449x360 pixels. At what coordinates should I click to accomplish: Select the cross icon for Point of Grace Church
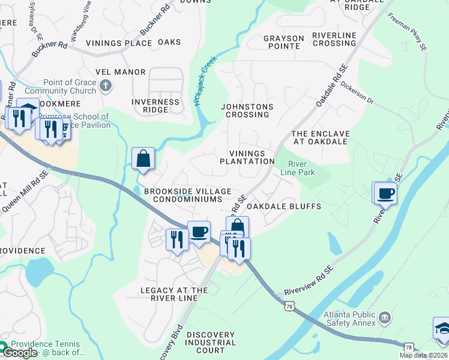point(106,86)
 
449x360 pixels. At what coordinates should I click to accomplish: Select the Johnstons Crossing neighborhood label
point(247,111)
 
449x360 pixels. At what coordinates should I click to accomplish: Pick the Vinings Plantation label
point(247,157)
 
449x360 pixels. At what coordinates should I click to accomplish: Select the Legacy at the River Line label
point(173,294)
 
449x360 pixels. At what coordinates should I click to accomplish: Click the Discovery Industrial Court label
point(210,342)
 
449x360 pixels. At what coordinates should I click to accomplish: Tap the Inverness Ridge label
point(155,106)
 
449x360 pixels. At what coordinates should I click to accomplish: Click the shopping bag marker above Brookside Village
point(143,160)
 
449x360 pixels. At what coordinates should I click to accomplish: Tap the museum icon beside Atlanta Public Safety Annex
point(385,316)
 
